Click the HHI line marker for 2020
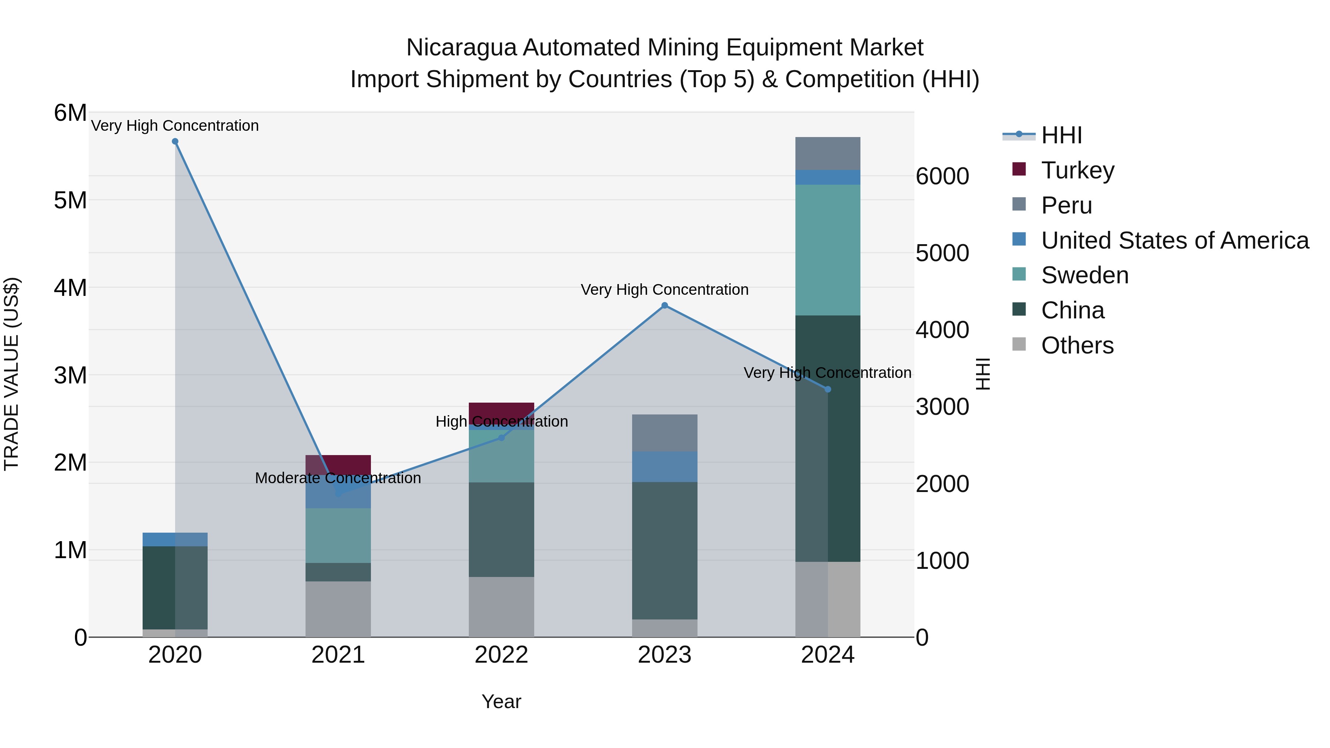pyautogui.click(x=175, y=141)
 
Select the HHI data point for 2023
pyautogui.click(x=665, y=305)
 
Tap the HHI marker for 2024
pyautogui.click(x=828, y=389)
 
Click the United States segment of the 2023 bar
pyautogui.click(x=665, y=467)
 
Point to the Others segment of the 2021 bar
pyautogui.click(x=338, y=609)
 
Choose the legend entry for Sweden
pyautogui.click(x=1084, y=275)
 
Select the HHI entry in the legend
pyautogui.click(x=1061, y=135)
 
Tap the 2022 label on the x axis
pyautogui.click(x=501, y=655)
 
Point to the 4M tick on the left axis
pyautogui.click(x=70, y=287)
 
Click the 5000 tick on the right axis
pyautogui.click(x=942, y=253)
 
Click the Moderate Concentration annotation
pyautogui.click(x=338, y=478)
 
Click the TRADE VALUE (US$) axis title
pyautogui.click(x=11, y=374)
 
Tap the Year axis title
pyautogui.click(x=501, y=701)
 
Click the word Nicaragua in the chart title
pyautogui.click(x=461, y=48)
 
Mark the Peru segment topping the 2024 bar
pyautogui.click(x=828, y=153)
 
